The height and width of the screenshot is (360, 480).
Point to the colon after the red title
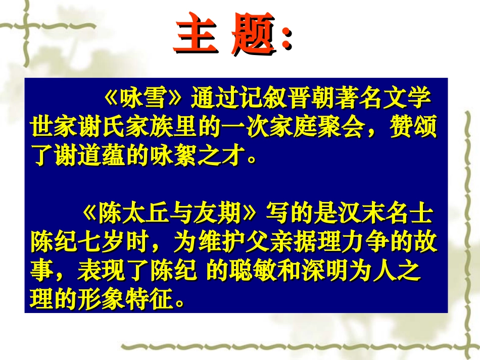(x=286, y=38)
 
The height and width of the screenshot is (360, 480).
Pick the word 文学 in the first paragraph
(x=415, y=99)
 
